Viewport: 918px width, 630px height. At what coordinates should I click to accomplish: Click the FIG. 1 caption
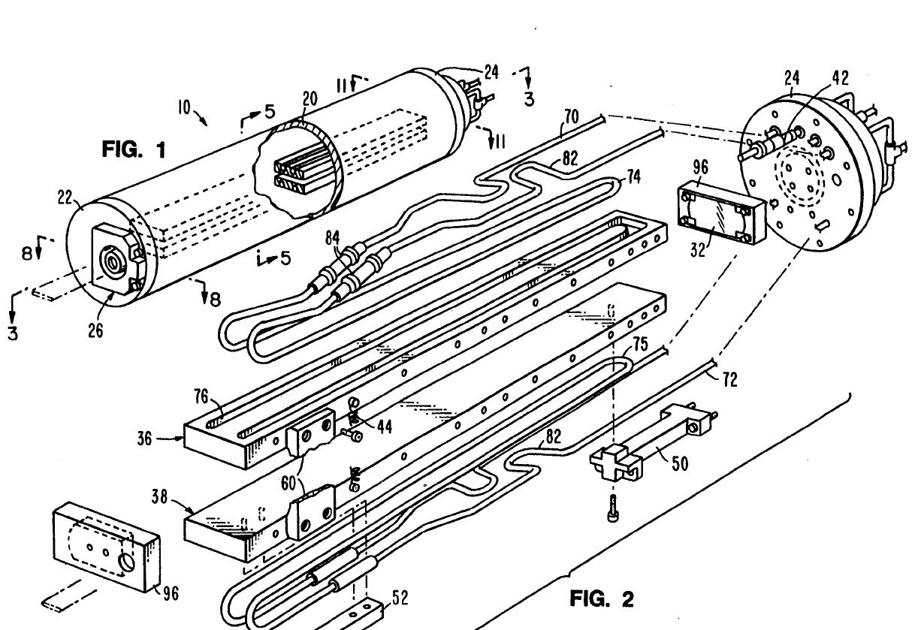(x=134, y=149)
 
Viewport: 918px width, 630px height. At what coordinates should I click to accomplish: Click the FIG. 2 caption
(x=602, y=599)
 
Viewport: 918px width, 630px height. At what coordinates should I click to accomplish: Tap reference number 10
(x=184, y=108)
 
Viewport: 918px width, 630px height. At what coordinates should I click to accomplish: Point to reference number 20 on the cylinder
(x=310, y=98)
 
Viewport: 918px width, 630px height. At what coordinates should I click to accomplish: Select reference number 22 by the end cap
(x=65, y=197)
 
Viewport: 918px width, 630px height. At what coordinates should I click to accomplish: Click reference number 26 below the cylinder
(x=95, y=330)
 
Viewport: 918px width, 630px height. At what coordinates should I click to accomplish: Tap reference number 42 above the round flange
(x=840, y=77)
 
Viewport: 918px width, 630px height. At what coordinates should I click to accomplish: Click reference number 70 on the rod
(x=571, y=116)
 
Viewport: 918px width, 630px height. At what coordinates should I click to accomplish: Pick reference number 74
(x=633, y=176)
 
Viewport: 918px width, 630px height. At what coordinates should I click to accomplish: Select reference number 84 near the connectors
(x=333, y=237)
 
